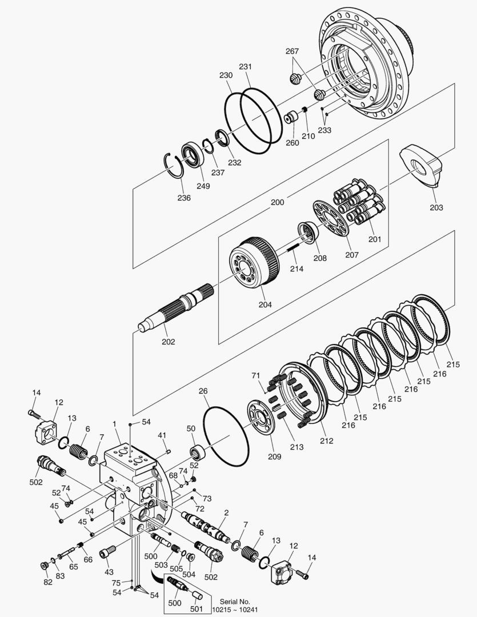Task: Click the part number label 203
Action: (436, 207)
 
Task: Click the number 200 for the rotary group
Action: (277, 202)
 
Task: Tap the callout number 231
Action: (246, 67)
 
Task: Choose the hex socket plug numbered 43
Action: (108, 553)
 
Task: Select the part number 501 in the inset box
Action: (196, 608)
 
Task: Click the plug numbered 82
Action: (45, 565)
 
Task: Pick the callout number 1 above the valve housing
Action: (114, 424)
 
